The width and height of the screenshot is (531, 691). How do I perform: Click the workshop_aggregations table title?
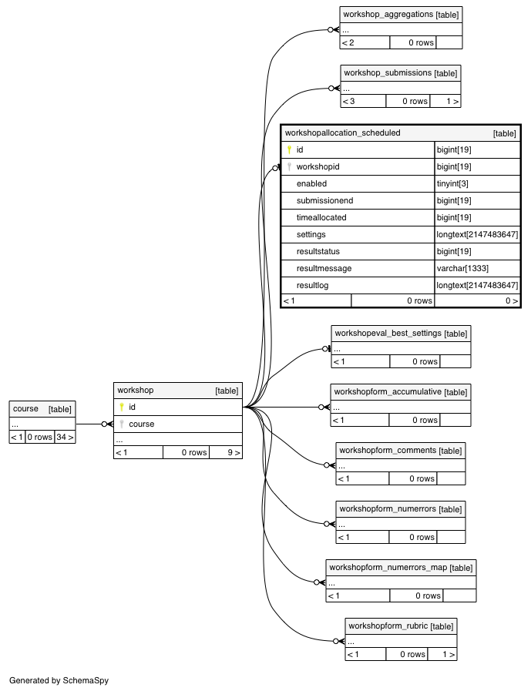(x=388, y=14)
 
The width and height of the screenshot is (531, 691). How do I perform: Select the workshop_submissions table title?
(x=388, y=72)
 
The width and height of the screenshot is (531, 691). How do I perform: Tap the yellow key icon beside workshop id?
(x=122, y=407)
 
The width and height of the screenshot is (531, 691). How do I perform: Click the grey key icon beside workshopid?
(x=289, y=166)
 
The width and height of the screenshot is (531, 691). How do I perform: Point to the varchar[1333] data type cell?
(x=462, y=268)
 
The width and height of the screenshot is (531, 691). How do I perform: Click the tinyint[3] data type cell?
(x=452, y=184)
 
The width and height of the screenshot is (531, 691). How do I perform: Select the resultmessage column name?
(x=324, y=268)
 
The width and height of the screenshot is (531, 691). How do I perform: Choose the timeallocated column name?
(x=321, y=218)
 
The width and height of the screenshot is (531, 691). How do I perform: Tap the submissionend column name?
(x=324, y=200)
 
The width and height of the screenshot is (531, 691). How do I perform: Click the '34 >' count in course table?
(x=65, y=437)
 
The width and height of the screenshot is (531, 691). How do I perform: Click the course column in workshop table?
(x=142, y=424)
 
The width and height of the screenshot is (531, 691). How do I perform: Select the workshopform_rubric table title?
(x=388, y=626)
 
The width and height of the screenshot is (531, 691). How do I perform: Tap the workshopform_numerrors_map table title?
(x=388, y=567)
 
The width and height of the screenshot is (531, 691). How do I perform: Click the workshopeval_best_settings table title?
(x=388, y=333)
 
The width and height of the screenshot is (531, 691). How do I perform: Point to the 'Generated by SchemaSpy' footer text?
(x=59, y=680)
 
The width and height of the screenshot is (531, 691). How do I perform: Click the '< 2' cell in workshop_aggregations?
(x=348, y=42)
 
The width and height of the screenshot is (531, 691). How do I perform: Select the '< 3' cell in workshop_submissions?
(x=349, y=102)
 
